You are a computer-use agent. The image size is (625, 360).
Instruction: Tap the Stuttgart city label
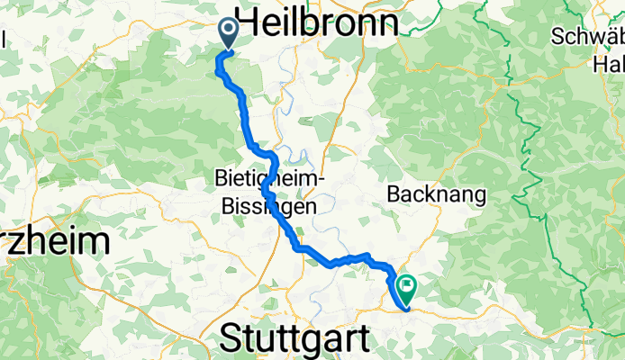point(295,340)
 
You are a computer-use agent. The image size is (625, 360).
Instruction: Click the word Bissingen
point(268,206)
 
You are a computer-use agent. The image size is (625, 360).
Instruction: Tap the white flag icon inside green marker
point(407,288)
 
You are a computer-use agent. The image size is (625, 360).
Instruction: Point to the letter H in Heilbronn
point(248,20)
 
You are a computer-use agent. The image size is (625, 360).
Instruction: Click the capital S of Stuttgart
point(231,340)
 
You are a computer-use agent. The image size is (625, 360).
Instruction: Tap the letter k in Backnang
point(428,193)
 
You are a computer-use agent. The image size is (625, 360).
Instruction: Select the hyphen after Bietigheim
point(320,180)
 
